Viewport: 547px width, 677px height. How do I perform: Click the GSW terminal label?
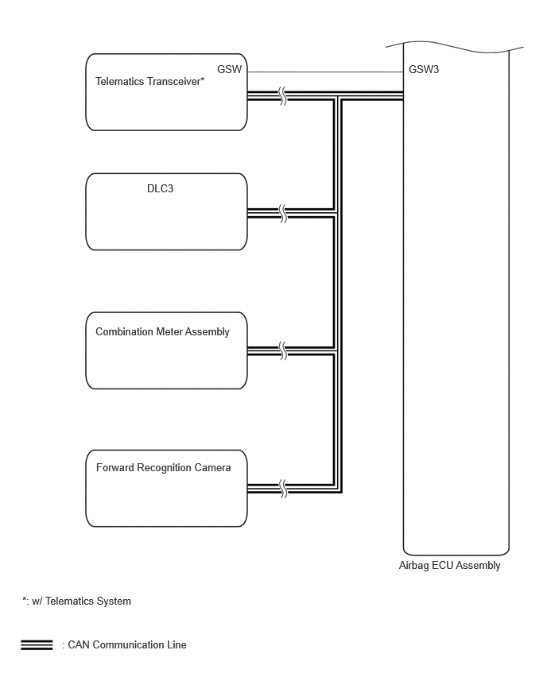coord(230,69)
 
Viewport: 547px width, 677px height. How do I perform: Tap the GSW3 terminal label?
coord(424,69)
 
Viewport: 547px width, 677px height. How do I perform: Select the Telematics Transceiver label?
coord(150,81)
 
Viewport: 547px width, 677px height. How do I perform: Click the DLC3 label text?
coord(161,188)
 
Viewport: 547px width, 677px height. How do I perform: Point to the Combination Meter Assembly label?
coord(162,331)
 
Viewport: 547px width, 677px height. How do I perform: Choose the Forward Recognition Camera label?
coord(163,467)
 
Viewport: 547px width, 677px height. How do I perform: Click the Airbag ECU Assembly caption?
coord(449,565)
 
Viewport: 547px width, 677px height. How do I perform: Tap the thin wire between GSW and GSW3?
coord(325,72)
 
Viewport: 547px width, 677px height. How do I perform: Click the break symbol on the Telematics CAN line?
coord(283,96)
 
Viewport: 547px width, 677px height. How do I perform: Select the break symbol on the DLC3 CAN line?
coord(283,213)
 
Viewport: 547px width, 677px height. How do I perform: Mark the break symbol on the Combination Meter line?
coord(283,350)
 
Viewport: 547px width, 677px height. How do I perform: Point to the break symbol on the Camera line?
coord(283,489)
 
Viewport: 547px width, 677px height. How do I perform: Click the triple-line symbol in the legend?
coord(37,645)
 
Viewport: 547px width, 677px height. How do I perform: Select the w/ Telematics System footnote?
coord(81,601)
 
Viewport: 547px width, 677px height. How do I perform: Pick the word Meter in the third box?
coord(169,331)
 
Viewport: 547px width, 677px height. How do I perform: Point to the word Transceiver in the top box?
coord(171,81)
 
